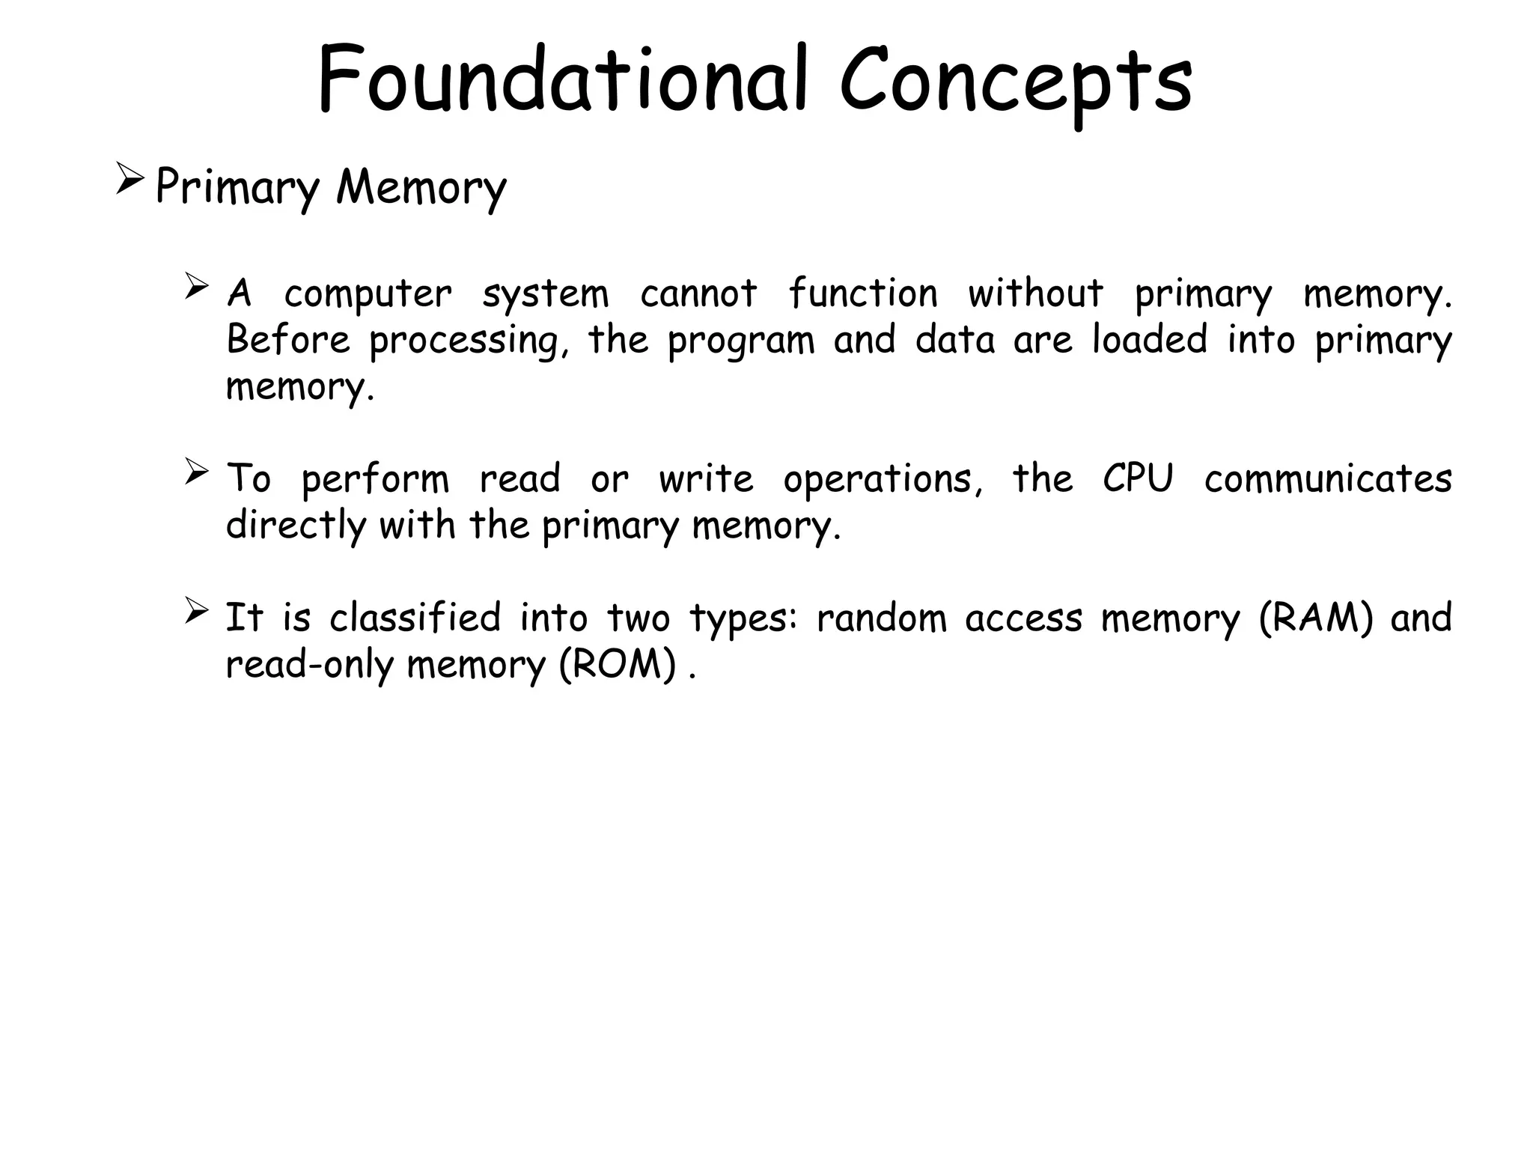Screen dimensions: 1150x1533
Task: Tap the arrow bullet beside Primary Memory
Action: coord(130,181)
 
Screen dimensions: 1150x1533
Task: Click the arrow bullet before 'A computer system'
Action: coord(196,287)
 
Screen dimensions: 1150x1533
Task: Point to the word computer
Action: coord(368,294)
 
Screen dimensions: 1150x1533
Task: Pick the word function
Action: coord(862,293)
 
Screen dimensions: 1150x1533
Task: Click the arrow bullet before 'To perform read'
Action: coord(196,472)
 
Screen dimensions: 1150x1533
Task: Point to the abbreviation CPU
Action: coord(1138,478)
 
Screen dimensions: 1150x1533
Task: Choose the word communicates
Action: coord(1328,478)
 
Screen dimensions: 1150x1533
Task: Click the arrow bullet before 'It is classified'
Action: coord(196,611)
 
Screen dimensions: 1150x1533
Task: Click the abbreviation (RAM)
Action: coord(1316,619)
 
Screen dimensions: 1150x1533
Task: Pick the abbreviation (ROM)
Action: coord(618,666)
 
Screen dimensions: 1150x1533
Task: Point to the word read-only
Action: coord(308,666)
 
